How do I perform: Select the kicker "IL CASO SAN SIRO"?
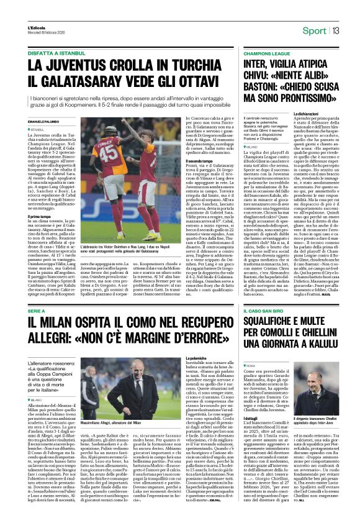tap(249, 327)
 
